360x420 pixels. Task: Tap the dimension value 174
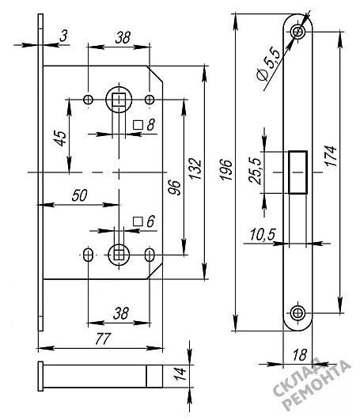(331, 156)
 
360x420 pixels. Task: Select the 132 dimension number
(195, 168)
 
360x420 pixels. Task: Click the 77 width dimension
(103, 339)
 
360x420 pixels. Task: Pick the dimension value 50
(80, 195)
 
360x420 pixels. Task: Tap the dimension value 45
(61, 138)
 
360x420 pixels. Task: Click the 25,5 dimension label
(255, 171)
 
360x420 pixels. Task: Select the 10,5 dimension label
(263, 234)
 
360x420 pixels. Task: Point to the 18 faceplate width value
(299, 355)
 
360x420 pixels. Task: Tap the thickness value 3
(63, 36)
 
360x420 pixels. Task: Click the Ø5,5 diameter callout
(269, 64)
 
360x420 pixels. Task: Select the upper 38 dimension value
(123, 37)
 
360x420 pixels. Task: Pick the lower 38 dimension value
(121, 313)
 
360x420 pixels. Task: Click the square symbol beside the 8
(138, 125)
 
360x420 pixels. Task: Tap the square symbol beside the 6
(138, 221)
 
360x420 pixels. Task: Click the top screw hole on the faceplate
(297, 32)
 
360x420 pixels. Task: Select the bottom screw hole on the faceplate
(297, 312)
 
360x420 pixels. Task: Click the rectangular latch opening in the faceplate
(297, 172)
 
